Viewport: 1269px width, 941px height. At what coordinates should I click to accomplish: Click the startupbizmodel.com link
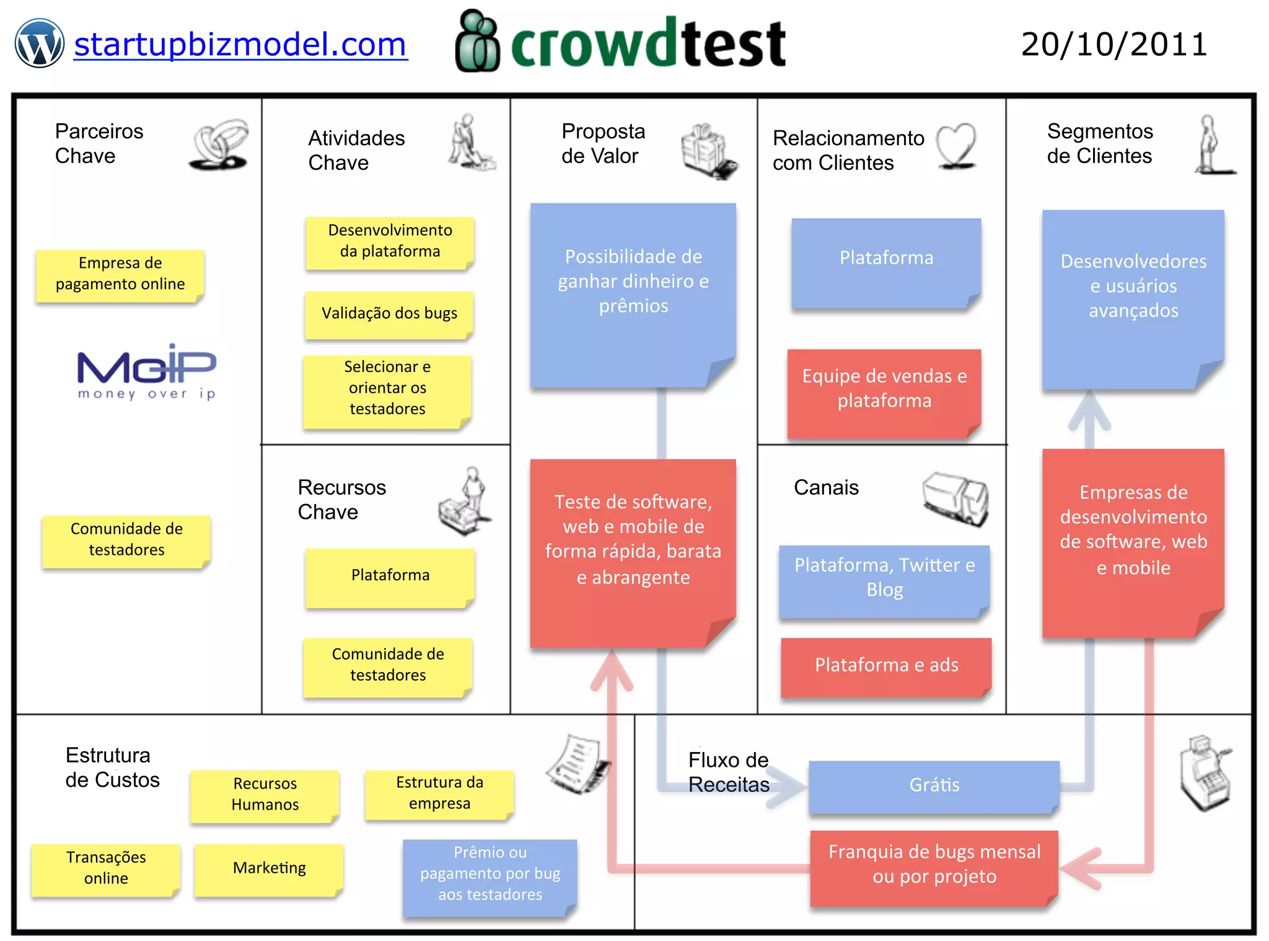pos(240,45)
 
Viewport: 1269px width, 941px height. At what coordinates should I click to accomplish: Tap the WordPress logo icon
pos(39,43)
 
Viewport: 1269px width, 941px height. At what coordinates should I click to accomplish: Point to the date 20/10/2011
pos(1114,45)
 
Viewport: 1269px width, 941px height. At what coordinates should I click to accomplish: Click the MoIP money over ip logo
pos(146,372)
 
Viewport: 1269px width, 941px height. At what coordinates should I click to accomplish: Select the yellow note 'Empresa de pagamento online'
pos(120,274)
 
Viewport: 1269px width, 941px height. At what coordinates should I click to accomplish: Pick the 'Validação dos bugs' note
pos(389,314)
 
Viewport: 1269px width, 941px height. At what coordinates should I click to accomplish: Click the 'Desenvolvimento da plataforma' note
pos(390,241)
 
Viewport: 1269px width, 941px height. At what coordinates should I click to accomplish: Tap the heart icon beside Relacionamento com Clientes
pos(956,146)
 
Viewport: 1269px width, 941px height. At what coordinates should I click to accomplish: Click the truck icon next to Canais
pos(955,498)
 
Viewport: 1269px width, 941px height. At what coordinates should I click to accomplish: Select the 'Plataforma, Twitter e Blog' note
pos(884,578)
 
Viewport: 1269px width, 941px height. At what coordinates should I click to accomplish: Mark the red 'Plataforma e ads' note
pos(886,666)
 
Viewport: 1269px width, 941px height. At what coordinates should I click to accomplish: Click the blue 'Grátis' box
pos(934,785)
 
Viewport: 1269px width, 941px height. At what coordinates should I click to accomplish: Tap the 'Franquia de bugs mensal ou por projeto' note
pos(934,865)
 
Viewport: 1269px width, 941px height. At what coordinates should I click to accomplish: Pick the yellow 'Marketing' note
pos(269,868)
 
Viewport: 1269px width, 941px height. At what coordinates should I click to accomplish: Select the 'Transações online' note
pos(106,868)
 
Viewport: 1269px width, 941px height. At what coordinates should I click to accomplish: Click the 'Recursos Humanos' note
pos(265,795)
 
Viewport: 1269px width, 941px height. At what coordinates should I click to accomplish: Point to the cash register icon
pos(1205,774)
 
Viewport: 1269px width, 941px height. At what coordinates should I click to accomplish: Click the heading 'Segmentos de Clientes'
pos(1099,144)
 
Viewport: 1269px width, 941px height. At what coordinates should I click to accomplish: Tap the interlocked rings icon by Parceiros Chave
pos(219,145)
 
